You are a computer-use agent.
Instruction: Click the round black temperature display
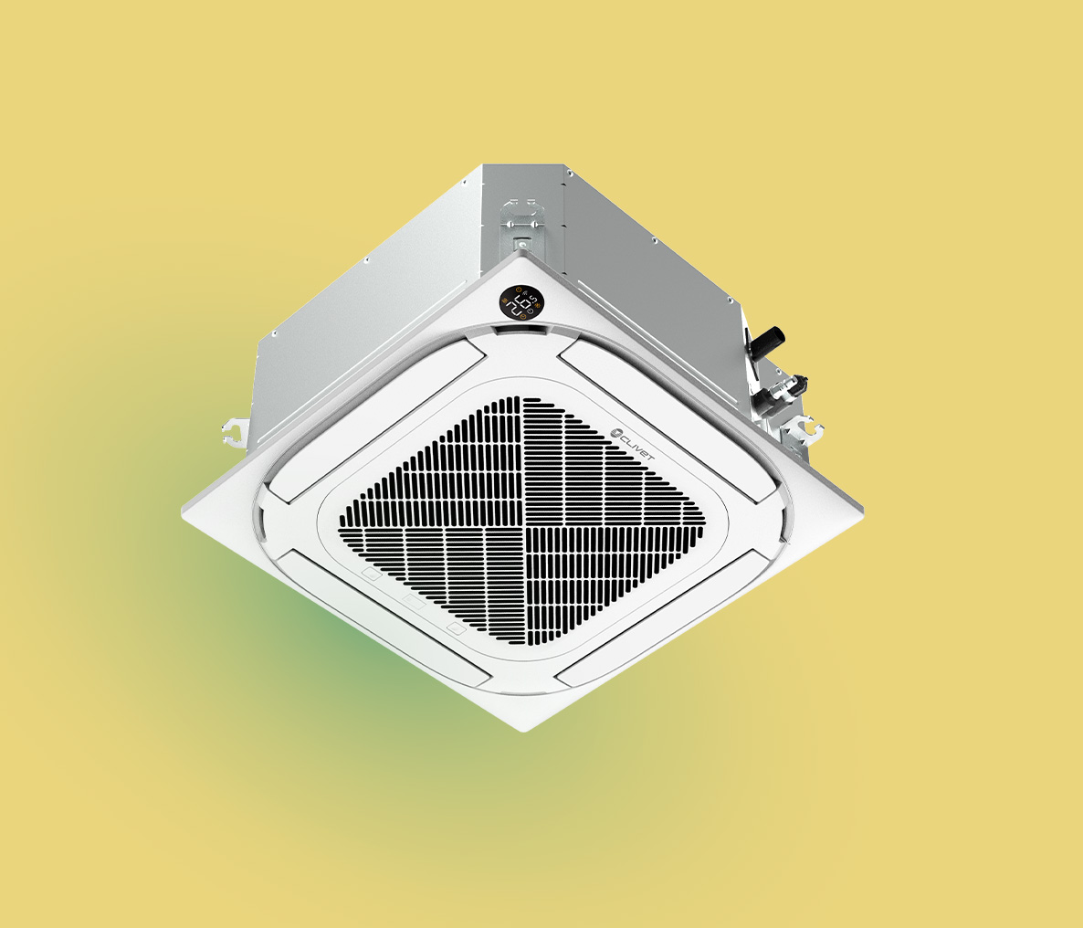point(520,302)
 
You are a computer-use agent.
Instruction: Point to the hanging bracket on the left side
point(232,430)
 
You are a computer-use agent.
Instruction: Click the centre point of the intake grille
point(522,522)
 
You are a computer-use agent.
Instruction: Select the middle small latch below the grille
point(415,604)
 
